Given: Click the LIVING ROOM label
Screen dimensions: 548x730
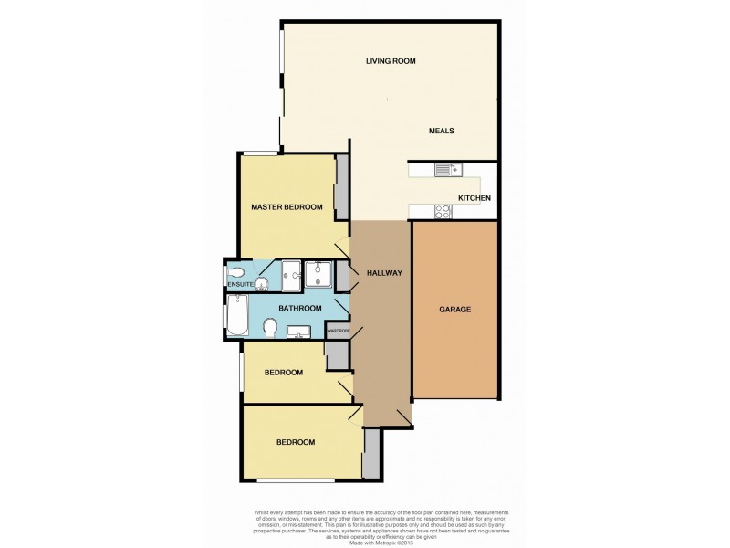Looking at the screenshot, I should click(391, 61).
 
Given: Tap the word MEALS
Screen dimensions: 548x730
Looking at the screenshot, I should click(442, 131).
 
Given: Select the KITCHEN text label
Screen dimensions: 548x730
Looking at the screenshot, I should click(474, 198).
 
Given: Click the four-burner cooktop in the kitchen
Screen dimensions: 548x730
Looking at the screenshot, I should click(443, 211).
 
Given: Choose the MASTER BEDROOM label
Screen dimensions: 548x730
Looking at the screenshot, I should click(287, 207).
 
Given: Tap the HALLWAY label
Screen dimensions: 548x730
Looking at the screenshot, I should click(384, 273).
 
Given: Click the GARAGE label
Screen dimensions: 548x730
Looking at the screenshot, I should click(455, 310).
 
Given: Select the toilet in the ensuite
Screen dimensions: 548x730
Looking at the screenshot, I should click(235, 272).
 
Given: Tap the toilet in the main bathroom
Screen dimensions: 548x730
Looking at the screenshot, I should click(269, 327).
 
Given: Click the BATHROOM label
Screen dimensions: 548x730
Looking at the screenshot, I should click(300, 309).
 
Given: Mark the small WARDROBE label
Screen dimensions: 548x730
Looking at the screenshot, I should click(339, 331).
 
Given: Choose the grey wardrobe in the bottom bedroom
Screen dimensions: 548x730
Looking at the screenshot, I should click(370, 454).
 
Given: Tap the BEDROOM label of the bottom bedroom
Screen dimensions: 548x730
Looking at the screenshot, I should click(296, 442).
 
